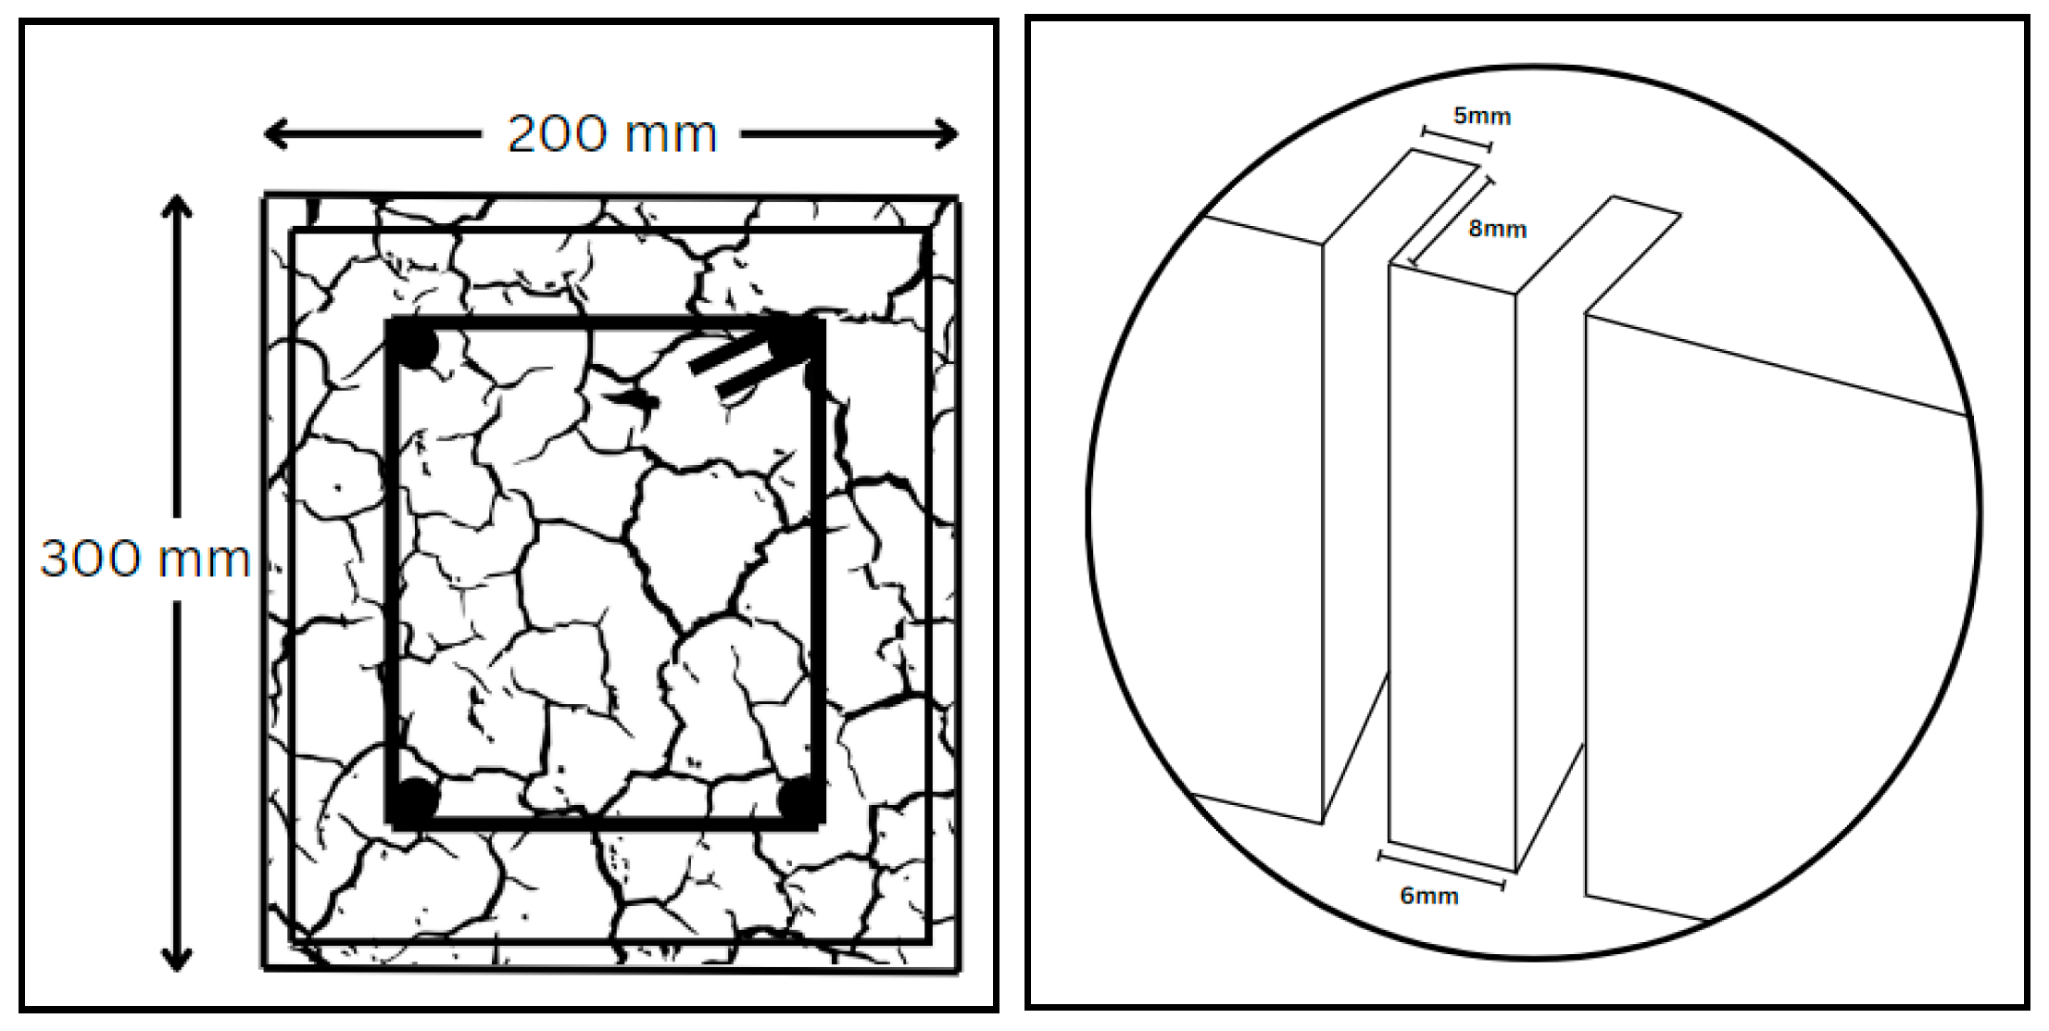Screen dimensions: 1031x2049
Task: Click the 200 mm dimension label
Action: (x=612, y=134)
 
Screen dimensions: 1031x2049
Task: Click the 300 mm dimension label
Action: (x=145, y=559)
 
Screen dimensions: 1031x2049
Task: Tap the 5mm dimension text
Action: (x=1482, y=117)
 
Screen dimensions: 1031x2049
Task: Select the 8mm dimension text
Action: (x=1497, y=229)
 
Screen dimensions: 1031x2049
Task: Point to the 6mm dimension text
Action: (x=1429, y=896)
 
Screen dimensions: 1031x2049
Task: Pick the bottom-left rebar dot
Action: (x=414, y=798)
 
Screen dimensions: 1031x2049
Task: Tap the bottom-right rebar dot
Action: (x=798, y=798)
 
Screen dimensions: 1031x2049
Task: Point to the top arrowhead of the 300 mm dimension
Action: (x=177, y=205)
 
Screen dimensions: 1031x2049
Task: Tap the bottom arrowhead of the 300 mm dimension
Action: (x=177, y=960)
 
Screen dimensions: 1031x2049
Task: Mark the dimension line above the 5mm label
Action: (x=1456, y=139)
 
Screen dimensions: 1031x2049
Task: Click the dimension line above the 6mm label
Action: (x=1441, y=871)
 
